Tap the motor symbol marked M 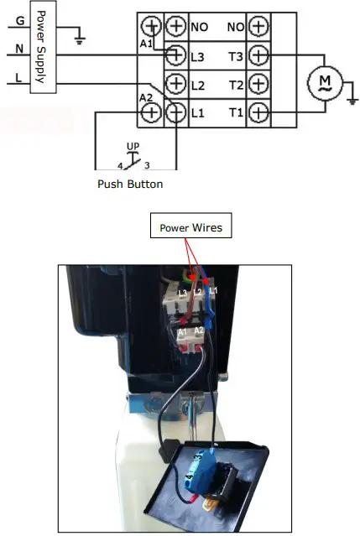[x=323, y=81]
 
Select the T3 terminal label [x=235, y=55]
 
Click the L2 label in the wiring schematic [x=198, y=84]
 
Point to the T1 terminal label [x=235, y=112]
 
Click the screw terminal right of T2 [x=259, y=84]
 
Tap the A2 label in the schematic [x=146, y=97]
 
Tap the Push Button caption [x=130, y=184]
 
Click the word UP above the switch [x=133, y=146]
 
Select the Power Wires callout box [x=192, y=226]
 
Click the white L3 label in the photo [x=182, y=293]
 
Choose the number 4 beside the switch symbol [x=120, y=166]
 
